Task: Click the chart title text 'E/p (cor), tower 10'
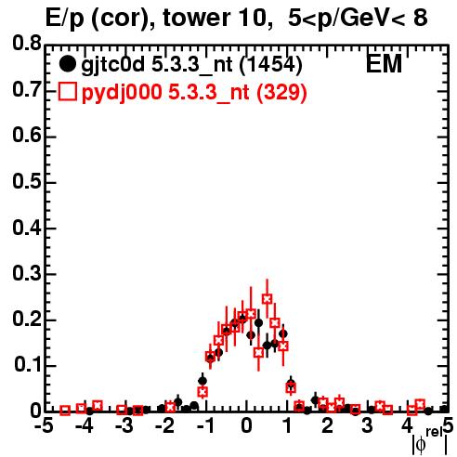tap(156, 19)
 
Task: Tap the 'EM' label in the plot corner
tap(384, 64)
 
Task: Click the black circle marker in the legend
tap(67, 64)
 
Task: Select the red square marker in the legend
tap(67, 91)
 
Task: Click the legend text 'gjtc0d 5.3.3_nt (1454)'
tap(191, 65)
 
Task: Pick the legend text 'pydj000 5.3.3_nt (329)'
tap(194, 93)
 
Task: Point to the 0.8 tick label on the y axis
tap(27, 43)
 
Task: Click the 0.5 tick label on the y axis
tap(27, 181)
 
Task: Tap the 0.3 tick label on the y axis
tap(27, 274)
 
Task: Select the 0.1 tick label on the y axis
tap(28, 365)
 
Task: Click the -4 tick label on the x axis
tap(85, 426)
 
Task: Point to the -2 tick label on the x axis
tap(165, 426)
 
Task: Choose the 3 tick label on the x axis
tap(367, 426)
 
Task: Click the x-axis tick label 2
tap(327, 426)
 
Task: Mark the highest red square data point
tap(268, 299)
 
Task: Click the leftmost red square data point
tap(65, 411)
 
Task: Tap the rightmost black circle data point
tap(445, 410)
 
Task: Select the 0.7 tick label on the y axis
tap(27, 89)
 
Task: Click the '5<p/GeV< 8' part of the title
tap(359, 19)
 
